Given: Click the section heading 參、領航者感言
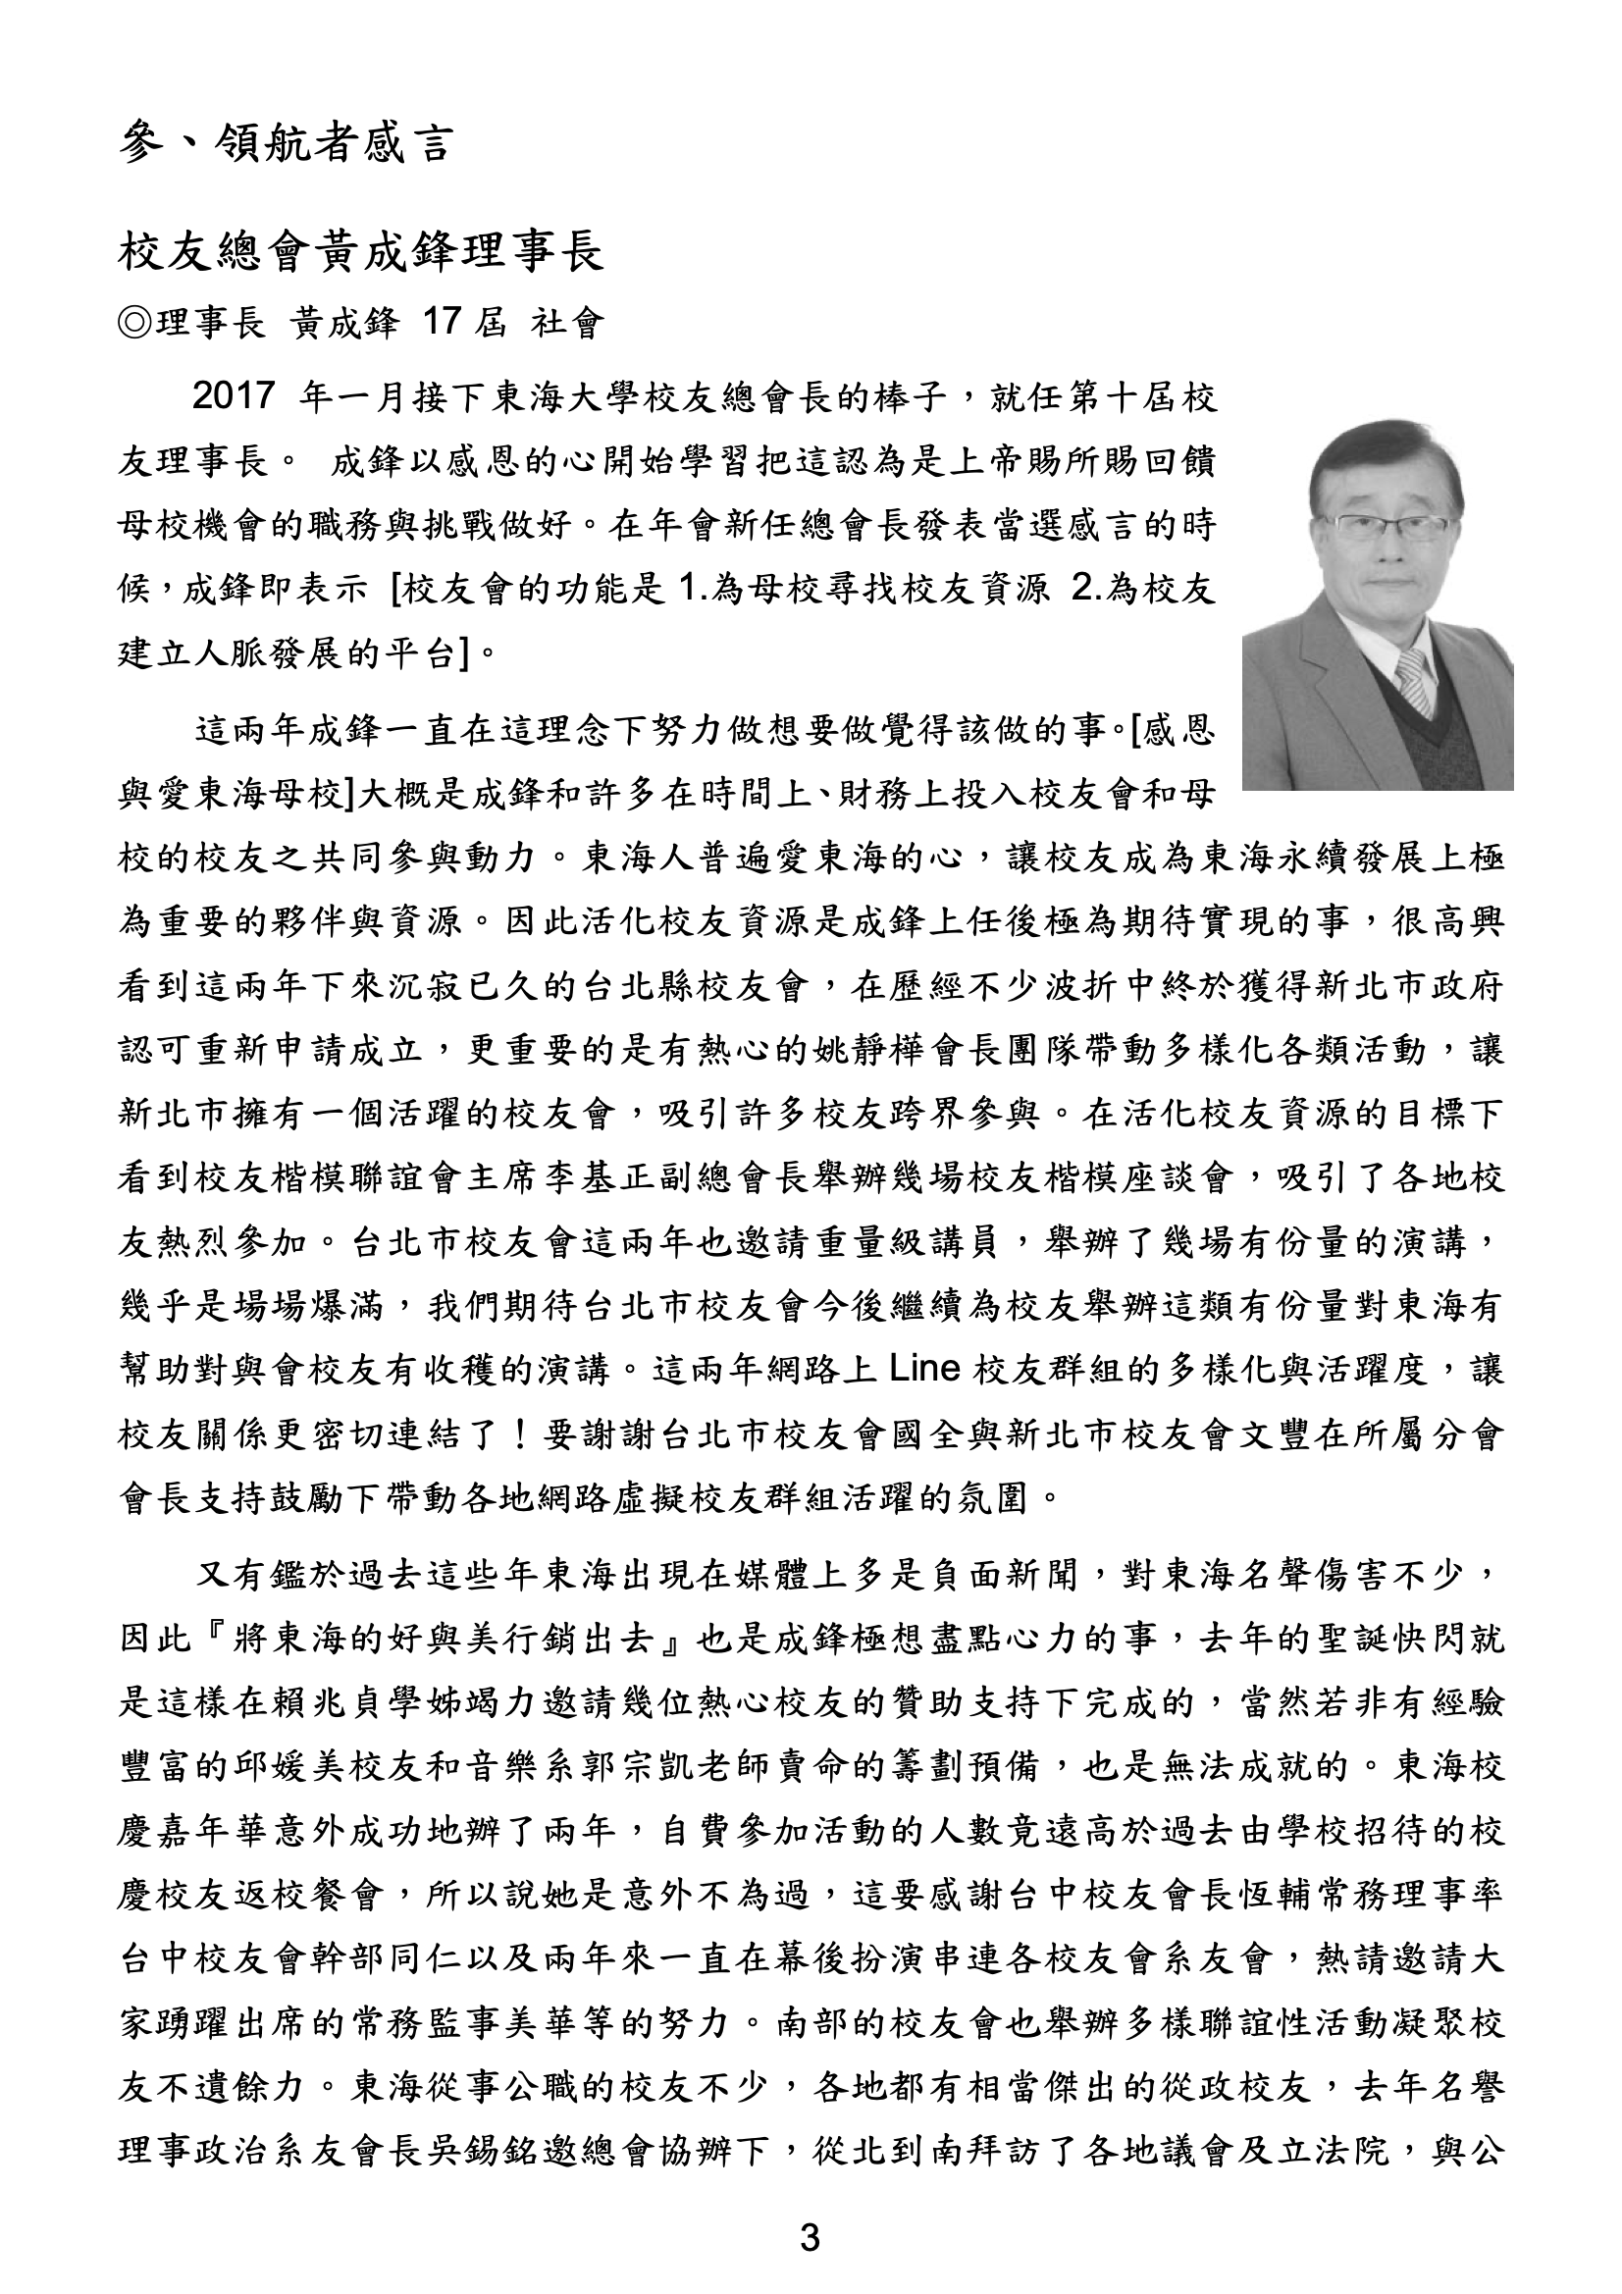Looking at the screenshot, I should tap(285, 143).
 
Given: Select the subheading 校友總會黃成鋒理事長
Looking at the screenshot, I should tap(362, 253).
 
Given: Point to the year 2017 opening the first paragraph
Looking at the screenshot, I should tap(232, 396).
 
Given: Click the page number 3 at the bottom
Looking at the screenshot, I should tap(811, 2236).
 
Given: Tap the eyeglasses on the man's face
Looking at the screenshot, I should tap(1381, 527).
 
